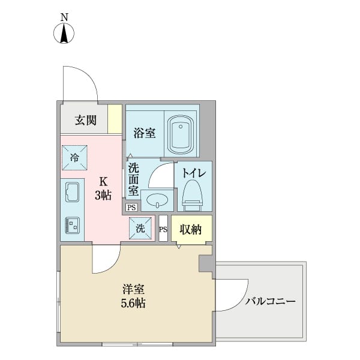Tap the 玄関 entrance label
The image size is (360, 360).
[x=85, y=120]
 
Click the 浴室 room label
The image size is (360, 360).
[x=145, y=133]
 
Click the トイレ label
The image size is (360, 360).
[x=194, y=173]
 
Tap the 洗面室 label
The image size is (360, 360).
[x=133, y=178]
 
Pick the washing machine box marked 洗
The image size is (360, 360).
[x=140, y=228]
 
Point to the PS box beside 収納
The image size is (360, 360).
[x=163, y=229]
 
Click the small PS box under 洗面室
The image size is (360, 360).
[x=131, y=208]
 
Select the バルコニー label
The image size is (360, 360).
[x=270, y=302]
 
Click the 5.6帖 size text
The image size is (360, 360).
[x=133, y=303]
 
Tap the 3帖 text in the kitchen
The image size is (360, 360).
[x=103, y=195]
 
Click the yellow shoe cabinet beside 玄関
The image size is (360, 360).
[x=115, y=119]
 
